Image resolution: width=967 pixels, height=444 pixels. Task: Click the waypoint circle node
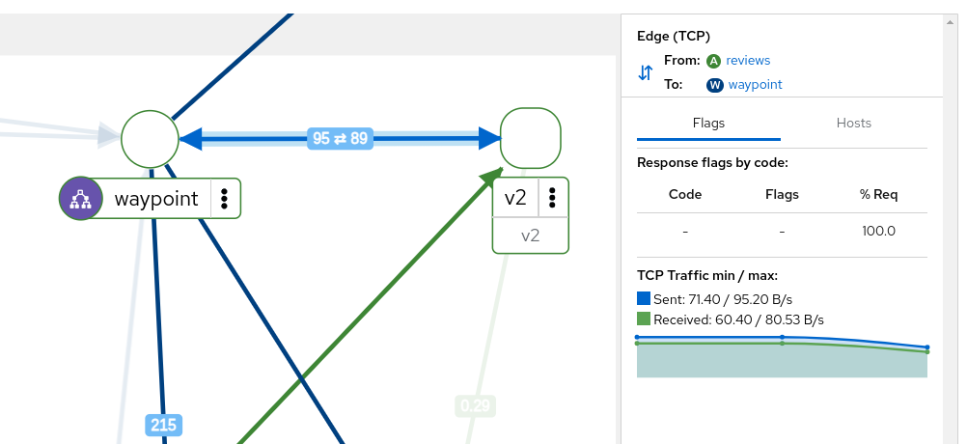(151, 139)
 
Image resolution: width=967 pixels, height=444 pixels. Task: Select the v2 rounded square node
(531, 139)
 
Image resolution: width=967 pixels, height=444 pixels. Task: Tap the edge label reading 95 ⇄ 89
(340, 139)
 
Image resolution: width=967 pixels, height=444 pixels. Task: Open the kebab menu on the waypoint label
(224, 199)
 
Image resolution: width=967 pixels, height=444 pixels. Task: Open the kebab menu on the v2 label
(552, 198)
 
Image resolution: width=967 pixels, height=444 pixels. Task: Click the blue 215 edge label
(163, 424)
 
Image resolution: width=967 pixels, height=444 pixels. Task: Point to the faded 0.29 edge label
(475, 406)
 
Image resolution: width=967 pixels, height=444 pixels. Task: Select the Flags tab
(708, 124)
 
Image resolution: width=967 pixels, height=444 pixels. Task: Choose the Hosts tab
(853, 124)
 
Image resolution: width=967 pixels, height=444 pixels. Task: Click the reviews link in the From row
(748, 61)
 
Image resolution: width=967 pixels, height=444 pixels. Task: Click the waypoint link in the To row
(755, 85)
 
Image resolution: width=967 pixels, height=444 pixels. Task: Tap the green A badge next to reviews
(714, 61)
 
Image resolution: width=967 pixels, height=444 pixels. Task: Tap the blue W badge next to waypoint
(715, 85)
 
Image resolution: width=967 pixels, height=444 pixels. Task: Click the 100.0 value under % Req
(878, 232)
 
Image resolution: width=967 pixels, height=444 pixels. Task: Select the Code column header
(685, 194)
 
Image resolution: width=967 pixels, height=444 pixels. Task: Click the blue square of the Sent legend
(644, 299)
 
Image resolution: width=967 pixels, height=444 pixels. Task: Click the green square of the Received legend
(644, 319)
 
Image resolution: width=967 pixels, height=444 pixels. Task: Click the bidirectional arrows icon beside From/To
(646, 72)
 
